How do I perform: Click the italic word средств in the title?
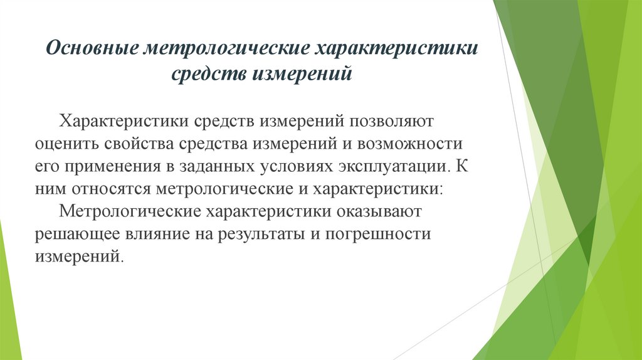209,74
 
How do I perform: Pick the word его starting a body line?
46,167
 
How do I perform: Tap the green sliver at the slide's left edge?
8,295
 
